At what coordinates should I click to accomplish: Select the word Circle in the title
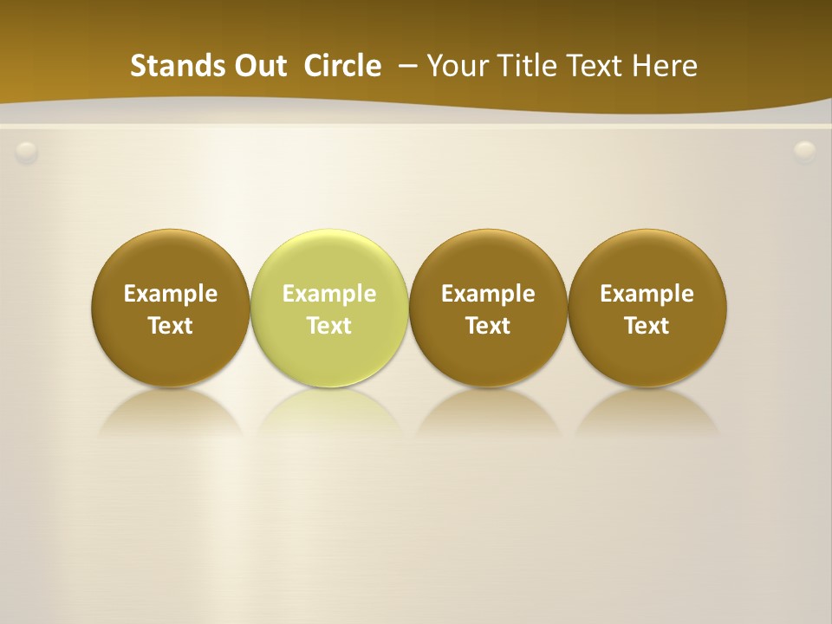[x=342, y=66]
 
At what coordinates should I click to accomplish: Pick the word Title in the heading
[x=523, y=66]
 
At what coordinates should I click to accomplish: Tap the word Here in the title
[x=665, y=66]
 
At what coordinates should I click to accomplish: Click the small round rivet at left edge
[x=27, y=153]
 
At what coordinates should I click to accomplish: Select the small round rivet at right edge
[x=805, y=152]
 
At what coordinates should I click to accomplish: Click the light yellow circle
[x=329, y=309]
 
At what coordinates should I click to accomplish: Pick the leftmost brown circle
[x=171, y=309]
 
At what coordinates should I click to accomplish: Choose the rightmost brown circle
[x=647, y=309]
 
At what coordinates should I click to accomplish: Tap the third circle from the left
[x=488, y=309]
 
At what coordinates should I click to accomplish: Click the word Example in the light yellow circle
[x=329, y=294]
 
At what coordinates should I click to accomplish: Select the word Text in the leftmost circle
[x=171, y=326]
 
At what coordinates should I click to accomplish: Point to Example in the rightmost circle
[x=647, y=294]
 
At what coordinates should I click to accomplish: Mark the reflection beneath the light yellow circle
[x=329, y=411]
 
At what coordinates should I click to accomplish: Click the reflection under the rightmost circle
[x=647, y=411]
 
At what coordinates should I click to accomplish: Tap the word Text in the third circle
[x=488, y=326]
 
